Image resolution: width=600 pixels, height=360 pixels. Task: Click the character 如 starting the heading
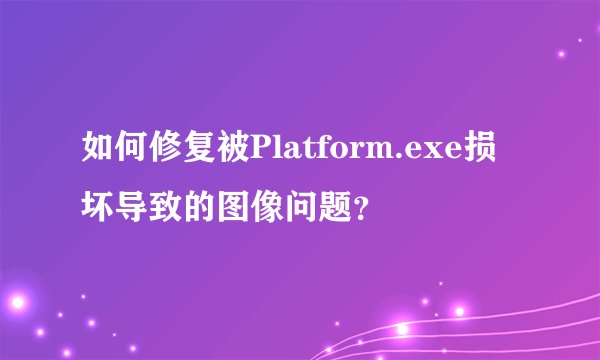coord(98,153)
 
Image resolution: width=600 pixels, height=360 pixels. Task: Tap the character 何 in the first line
coord(132,153)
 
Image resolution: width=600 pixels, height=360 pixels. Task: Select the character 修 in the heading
coord(166,153)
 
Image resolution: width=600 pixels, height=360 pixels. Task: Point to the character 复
coord(200,153)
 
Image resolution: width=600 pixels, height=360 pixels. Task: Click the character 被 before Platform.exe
coord(234,153)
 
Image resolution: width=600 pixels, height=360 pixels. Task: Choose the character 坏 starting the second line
coord(98,209)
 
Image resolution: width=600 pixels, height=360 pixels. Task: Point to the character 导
coord(132,209)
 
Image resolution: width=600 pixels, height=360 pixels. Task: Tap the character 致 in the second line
coord(166,209)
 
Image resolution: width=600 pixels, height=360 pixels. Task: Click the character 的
coord(200,209)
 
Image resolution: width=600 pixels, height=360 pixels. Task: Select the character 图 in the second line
coord(234,209)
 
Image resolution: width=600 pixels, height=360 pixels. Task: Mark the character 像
coord(268,209)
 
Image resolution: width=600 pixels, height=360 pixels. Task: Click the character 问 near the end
coord(302,209)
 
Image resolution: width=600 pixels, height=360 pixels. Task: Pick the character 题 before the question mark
coord(336,209)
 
